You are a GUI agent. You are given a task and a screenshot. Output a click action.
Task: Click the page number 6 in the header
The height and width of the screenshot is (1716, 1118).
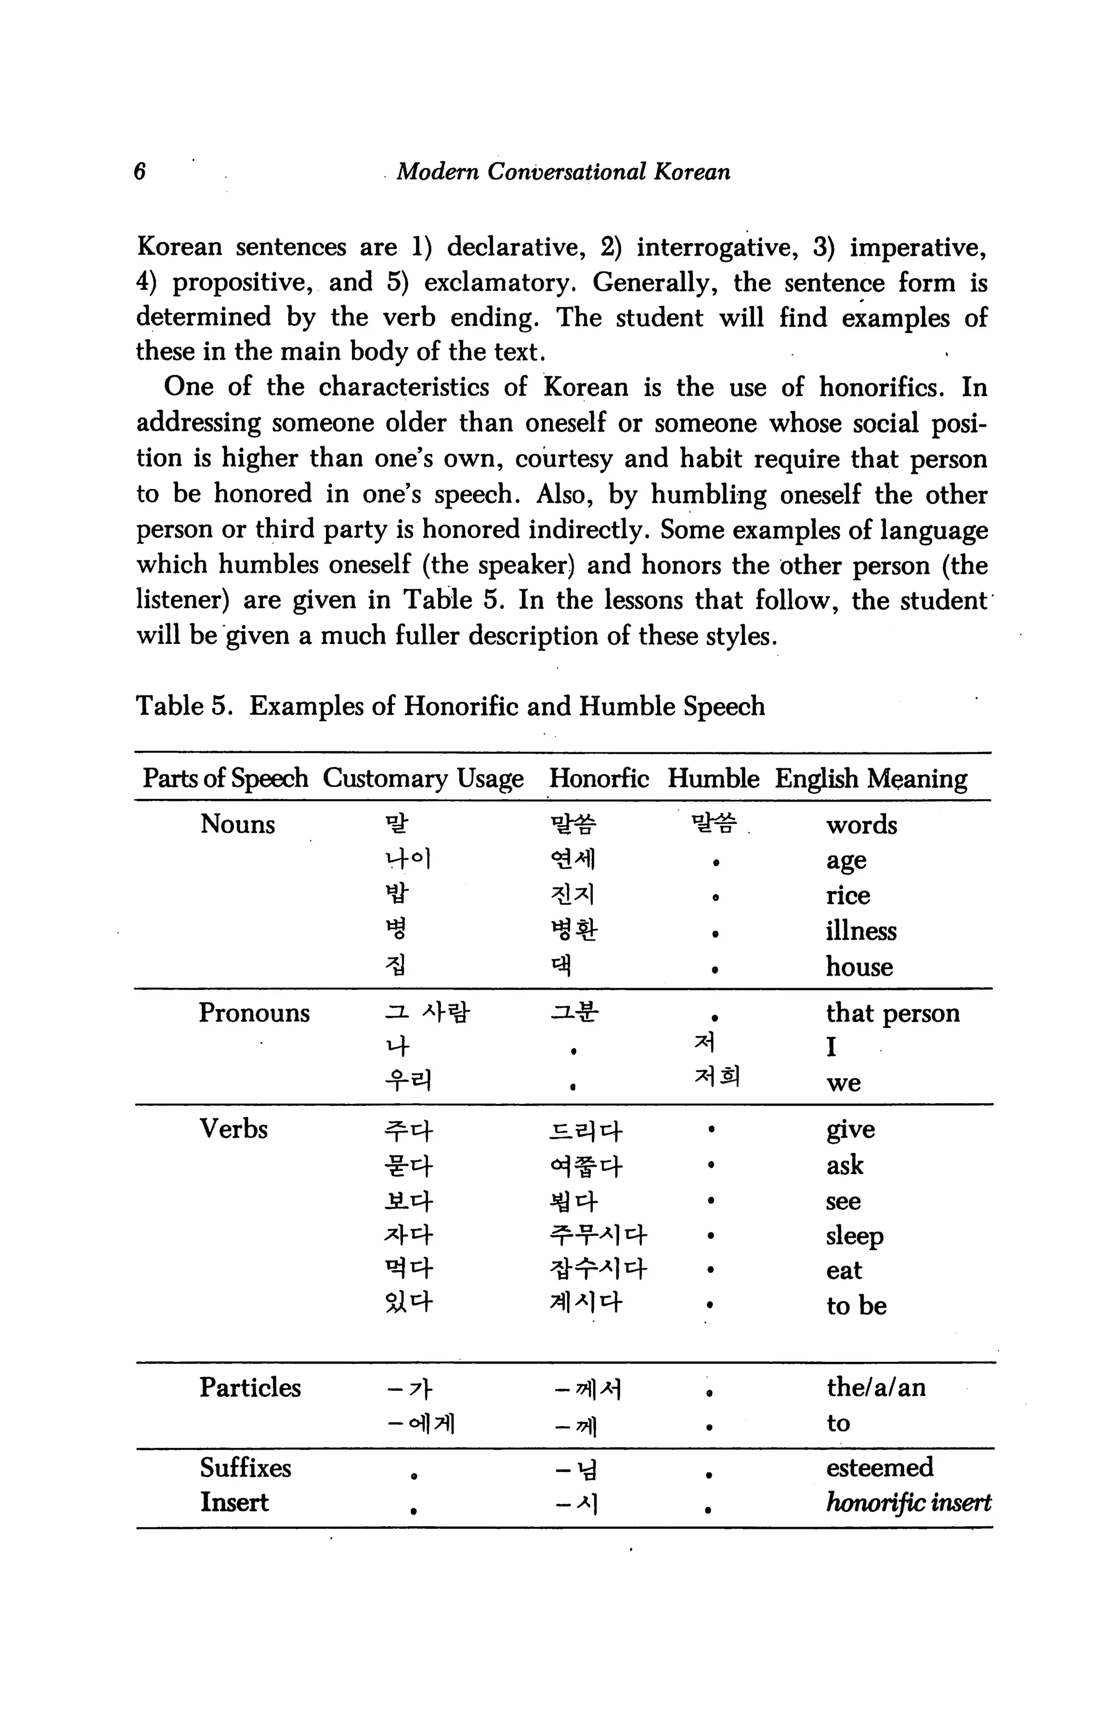click(140, 171)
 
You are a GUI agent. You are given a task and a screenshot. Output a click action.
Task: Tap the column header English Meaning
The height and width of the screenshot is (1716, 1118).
click(871, 779)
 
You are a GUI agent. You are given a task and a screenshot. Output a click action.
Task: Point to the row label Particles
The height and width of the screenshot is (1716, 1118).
click(249, 1387)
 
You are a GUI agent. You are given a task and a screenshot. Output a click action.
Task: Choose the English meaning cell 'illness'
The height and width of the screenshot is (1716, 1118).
click(860, 931)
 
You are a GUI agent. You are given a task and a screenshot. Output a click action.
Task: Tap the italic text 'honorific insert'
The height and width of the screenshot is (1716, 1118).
click(907, 1503)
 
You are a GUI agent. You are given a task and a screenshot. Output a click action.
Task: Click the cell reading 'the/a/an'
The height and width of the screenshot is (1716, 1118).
click(876, 1387)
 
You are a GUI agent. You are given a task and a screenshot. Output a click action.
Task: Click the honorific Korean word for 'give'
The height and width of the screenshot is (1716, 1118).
click(585, 1131)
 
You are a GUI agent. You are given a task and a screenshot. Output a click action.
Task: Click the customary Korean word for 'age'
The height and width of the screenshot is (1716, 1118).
click(408, 859)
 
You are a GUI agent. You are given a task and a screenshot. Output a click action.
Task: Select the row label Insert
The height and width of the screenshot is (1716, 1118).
click(234, 1503)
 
